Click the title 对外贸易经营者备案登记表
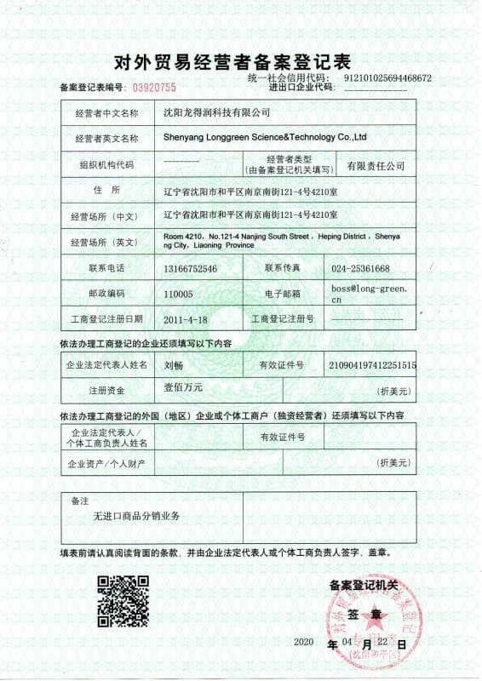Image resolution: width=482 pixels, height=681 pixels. pos(232,61)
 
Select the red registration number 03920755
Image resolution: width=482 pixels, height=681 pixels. pos(152,87)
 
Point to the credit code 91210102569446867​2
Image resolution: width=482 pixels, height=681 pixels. pos(387,78)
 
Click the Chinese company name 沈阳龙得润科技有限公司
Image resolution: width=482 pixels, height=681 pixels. pos(216,112)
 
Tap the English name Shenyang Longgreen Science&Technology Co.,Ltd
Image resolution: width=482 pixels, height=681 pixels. pos(264,136)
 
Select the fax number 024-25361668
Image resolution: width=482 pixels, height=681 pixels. pos(362,268)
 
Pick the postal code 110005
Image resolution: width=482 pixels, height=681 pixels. pos(178,294)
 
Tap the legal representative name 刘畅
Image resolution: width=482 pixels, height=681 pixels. pos(172,365)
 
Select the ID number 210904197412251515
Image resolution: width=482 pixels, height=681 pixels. pos(372,365)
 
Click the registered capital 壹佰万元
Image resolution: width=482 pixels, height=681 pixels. pos(183,389)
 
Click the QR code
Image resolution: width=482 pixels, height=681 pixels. pos(123,601)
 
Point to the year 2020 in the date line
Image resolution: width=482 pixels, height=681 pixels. pos(303,641)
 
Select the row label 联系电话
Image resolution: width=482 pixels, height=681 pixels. pos(106,268)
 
